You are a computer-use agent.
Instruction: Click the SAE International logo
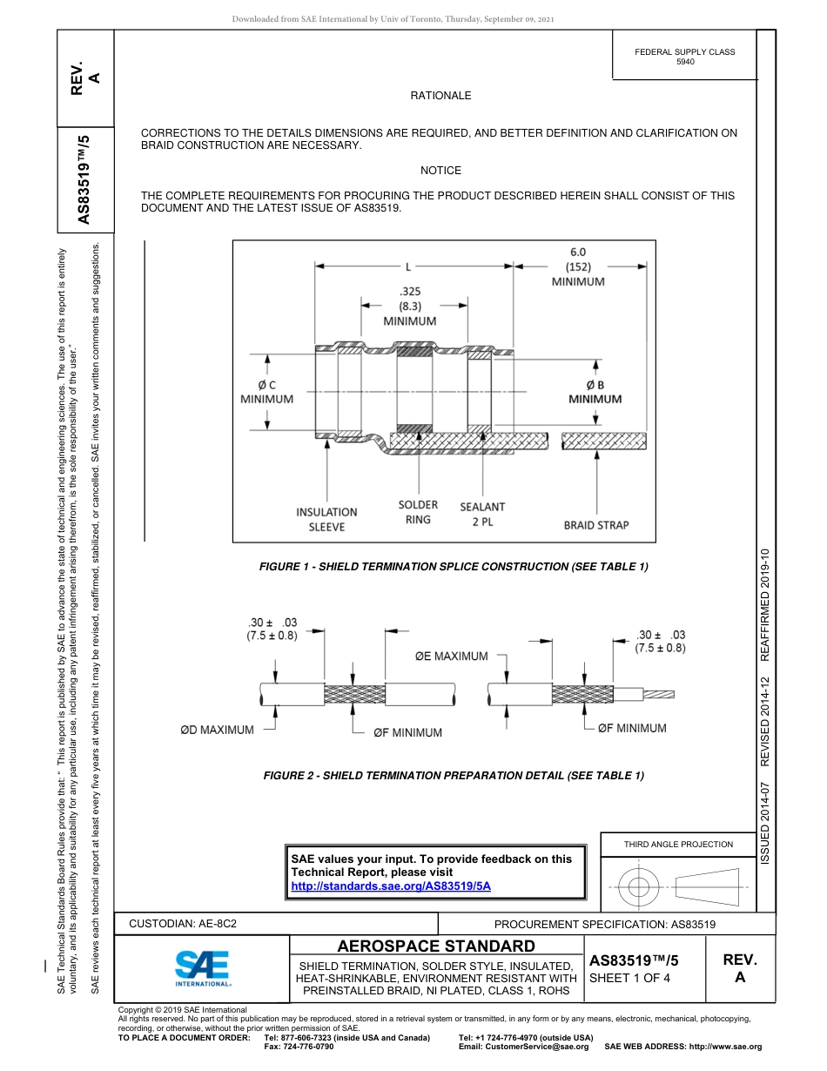[x=202, y=967]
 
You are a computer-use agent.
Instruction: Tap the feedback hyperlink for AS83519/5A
[x=391, y=886]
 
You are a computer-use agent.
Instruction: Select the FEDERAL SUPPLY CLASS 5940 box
[x=685, y=57]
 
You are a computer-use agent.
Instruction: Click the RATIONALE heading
[x=440, y=96]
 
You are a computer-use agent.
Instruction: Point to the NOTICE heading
[x=440, y=171]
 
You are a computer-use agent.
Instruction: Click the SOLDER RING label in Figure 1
[x=418, y=512]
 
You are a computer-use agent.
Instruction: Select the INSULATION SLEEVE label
[x=326, y=520]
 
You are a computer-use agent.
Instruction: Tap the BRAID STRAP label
[x=596, y=525]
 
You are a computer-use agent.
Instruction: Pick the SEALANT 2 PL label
[x=482, y=514]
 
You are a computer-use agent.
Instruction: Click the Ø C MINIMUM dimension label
[x=266, y=392]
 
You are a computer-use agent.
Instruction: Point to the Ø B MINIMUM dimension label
[x=595, y=392]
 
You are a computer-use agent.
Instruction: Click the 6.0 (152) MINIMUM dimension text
[x=578, y=266]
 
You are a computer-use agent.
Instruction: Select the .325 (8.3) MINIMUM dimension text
[x=409, y=306]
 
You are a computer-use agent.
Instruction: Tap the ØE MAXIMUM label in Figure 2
[x=451, y=657]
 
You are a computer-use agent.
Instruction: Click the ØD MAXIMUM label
[x=217, y=730]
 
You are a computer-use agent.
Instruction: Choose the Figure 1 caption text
[x=454, y=567]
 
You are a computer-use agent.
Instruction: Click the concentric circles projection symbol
[x=639, y=889]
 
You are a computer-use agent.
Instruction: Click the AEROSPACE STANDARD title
[x=436, y=946]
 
